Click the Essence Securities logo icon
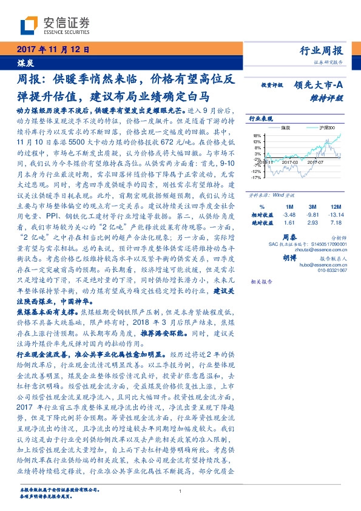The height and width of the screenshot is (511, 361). (x=29, y=25)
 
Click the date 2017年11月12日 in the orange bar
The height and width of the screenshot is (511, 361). (x=53, y=49)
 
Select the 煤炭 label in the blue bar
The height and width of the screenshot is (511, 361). (x=24, y=62)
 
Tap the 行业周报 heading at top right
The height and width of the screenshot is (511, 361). (x=322, y=50)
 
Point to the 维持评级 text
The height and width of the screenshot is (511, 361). (x=329, y=98)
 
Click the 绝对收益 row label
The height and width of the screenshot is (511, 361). (x=261, y=223)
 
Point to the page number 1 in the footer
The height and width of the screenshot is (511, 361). (x=181, y=491)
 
